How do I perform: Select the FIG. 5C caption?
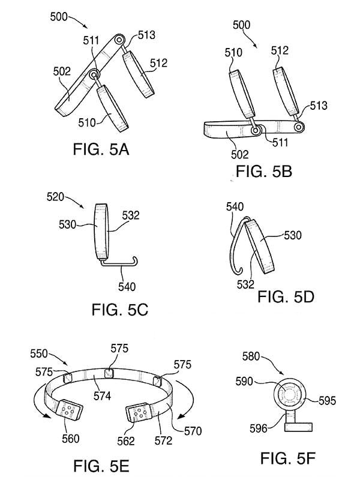click(x=119, y=310)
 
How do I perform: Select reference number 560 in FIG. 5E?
click(x=71, y=438)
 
